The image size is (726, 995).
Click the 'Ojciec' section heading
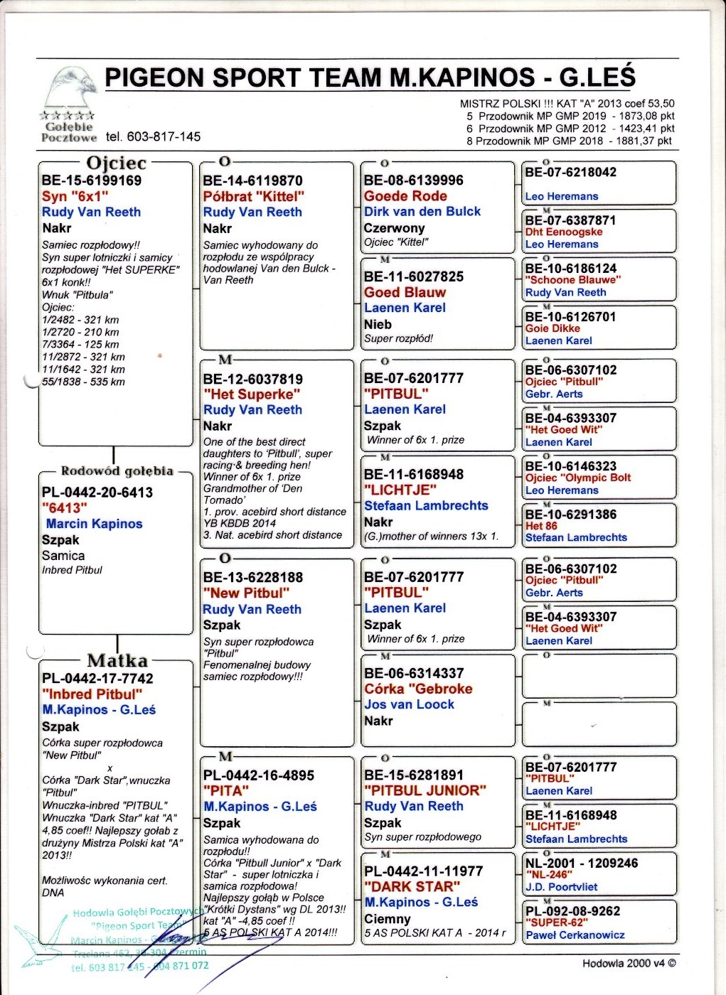tap(116, 163)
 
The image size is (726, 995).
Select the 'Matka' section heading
tap(117, 660)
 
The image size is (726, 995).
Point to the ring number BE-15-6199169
tap(92, 181)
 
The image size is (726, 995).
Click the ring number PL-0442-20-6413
tap(97, 492)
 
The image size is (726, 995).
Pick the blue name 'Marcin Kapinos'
tap(94, 524)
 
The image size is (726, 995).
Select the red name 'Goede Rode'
tap(405, 196)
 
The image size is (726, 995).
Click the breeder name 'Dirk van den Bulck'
tap(422, 212)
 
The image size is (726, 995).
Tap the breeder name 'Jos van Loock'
tap(409, 704)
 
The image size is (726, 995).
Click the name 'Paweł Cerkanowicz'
tap(575, 935)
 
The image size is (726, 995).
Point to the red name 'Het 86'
tap(541, 526)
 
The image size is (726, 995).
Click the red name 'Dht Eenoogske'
tap(563, 232)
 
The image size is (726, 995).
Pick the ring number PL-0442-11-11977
tap(424, 871)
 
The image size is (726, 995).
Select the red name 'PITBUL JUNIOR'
tap(425, 790)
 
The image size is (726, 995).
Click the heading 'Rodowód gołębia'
tap(117, 471)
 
